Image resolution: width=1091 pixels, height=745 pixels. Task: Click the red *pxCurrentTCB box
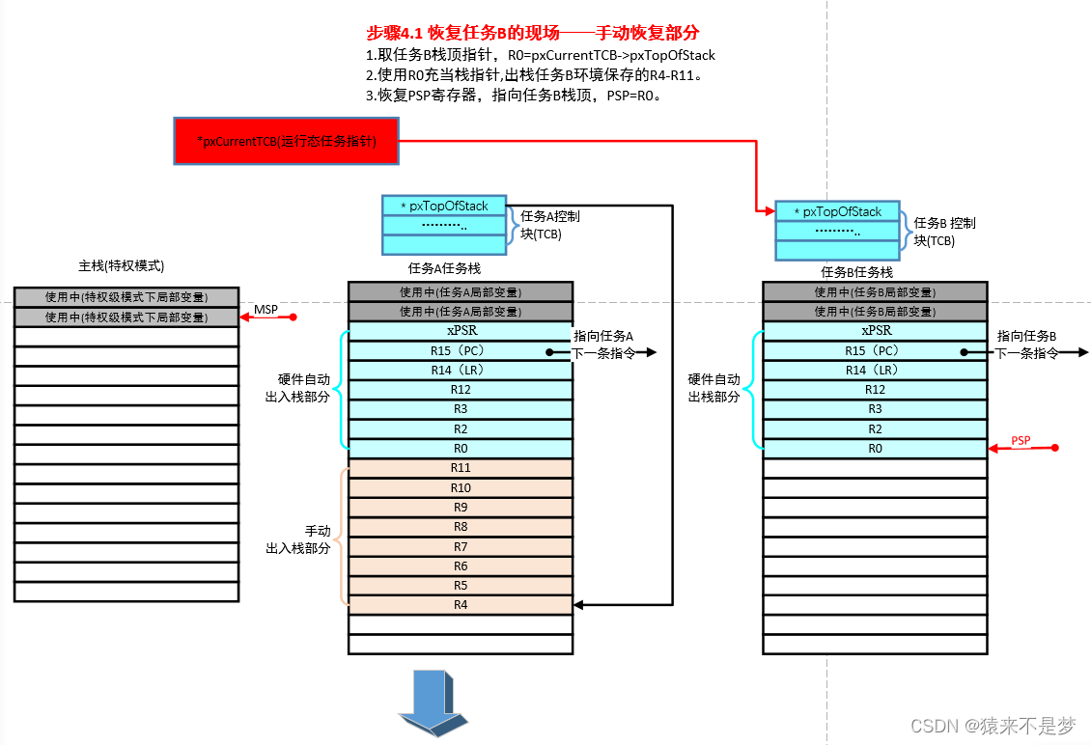pos(286,141)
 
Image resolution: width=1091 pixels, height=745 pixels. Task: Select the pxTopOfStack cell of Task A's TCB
pos(444,206)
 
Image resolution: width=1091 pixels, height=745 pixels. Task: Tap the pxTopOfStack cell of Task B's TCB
pos(837,211)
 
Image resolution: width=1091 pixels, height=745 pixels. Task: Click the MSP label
pos(266,310)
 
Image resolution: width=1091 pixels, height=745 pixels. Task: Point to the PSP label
pos(1021,441)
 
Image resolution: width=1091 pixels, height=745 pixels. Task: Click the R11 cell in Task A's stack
pos(461,468)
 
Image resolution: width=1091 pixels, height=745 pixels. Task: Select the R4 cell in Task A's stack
pos(461,605)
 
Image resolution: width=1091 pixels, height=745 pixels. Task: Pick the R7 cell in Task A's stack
pos(461,546)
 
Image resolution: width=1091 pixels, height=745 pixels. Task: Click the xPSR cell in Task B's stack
pos(875,331)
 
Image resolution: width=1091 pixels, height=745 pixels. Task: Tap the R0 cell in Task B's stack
pos(875,449)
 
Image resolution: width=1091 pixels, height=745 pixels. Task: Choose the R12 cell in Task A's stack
pos(461,390)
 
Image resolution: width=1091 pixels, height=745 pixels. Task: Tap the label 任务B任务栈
pos(857,272)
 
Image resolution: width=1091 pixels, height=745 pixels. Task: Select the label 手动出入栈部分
pos(299,539)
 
